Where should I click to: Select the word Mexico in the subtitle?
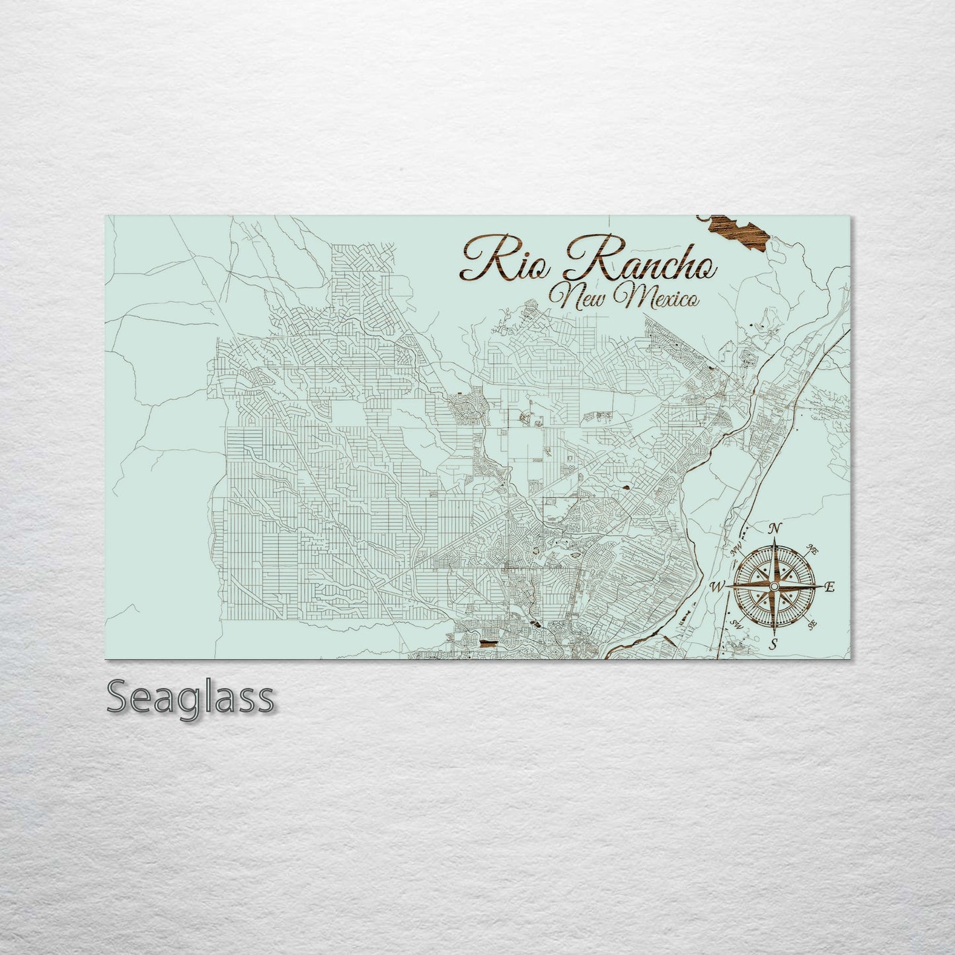tap(656, 299)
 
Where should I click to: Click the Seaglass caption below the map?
tap(189, 697)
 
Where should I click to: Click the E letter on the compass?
tap(831, 587)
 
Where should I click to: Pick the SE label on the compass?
tap(813, 623)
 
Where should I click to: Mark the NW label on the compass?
tap(736, 547)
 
